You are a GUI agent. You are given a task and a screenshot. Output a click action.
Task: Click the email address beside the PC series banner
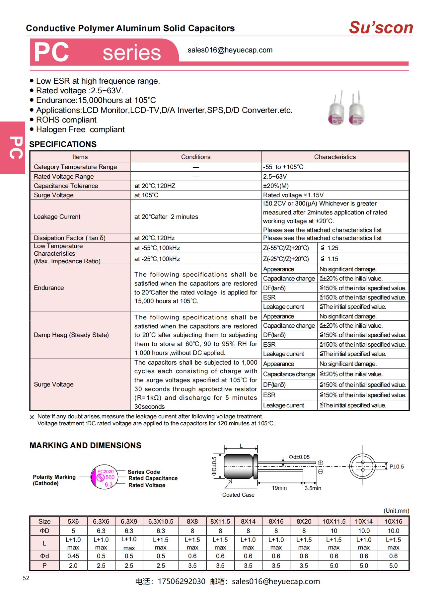[230, 50]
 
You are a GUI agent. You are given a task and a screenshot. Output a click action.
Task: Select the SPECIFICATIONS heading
[63, 144]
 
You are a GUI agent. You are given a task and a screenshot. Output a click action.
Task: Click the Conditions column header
[196, 157]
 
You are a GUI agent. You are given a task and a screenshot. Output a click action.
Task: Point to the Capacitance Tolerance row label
[66, 186]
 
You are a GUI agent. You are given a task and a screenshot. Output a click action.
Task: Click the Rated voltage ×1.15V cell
[293, 195]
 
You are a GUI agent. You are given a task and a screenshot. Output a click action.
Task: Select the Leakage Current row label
[57, 216]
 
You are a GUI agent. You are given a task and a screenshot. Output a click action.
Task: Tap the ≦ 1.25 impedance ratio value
[329, 248]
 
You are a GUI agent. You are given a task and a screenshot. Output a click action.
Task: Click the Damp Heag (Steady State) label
[71, 335]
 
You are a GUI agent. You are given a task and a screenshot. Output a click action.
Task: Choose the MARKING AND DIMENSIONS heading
[85, 445]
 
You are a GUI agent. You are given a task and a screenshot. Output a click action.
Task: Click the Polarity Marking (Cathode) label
[54, 480]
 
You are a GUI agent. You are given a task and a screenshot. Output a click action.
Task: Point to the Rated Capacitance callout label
[153, 478]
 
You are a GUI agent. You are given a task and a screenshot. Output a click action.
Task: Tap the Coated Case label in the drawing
[238, 495]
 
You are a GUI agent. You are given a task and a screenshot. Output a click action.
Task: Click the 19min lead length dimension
[279, 488]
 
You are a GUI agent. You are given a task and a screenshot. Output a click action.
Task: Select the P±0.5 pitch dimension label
[397, 467]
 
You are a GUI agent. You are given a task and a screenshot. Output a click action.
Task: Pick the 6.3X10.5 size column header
[161, 521]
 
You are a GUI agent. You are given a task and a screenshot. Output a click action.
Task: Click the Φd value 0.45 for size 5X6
[73, 556]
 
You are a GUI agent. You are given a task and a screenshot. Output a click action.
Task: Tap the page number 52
[26, 578]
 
